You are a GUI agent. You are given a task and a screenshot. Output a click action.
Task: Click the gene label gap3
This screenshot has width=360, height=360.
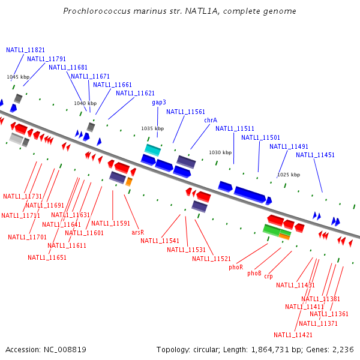click(159, 103)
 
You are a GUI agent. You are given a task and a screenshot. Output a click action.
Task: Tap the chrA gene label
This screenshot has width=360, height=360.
click(211, 120)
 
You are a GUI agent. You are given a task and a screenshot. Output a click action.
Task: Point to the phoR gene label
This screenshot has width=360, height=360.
click(236, 267)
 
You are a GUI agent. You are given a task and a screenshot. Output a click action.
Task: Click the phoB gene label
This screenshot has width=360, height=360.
click(254, 273)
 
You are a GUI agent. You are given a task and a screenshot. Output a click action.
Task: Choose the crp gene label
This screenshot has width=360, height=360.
click(268, 277)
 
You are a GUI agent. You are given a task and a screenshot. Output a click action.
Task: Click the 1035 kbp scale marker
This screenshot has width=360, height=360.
click(152, 128)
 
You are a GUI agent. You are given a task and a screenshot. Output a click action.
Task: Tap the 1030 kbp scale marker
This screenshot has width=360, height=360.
click(220, 152)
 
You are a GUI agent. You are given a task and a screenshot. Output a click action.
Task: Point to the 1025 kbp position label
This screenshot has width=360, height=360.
click(288, 175)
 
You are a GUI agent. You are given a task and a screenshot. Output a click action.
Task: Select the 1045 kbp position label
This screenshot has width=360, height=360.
click(18, 77)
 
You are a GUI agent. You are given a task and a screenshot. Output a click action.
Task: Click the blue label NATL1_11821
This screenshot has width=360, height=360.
click(25, 50)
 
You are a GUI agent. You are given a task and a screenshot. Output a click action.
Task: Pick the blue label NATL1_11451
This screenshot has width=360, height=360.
click(315, 155)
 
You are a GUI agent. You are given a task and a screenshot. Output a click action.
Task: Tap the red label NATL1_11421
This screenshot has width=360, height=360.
click(293, 335)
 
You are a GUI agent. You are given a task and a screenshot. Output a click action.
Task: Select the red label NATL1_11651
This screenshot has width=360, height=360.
click(47, 257)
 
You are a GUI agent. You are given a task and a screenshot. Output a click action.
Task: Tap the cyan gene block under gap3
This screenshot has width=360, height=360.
click(152, 149)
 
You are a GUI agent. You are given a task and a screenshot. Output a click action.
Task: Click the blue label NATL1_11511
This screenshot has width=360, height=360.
click(235, 128)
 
